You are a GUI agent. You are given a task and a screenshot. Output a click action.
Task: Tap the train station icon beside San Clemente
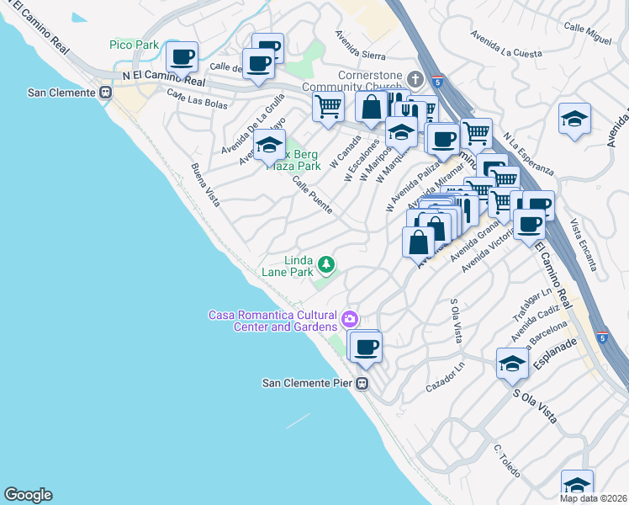[x=106, y=93]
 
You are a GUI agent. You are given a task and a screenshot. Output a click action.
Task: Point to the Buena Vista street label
[x=204, y=184]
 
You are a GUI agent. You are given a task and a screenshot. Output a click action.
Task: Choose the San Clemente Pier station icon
[x=362, y=384]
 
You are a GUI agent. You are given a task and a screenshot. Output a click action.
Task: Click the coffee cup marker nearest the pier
[x=365, y=346]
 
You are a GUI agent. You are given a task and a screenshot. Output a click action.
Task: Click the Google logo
[x=28, y=495]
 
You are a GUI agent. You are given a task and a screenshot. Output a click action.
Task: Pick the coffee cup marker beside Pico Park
[x=182, y=57]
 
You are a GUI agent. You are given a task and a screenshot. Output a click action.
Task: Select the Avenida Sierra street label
[x=360, y=45]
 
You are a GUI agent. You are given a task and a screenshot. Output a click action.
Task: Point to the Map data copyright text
[x=594, y=498]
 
